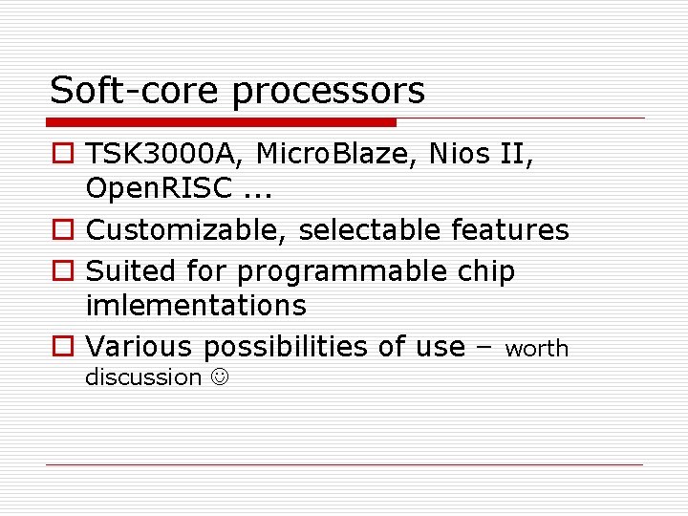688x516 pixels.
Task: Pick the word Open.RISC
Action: click(159, 189)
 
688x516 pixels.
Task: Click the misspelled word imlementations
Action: click(196, 306)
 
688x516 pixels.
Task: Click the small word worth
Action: click(536, 350)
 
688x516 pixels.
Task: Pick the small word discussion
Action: click(143, 377)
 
